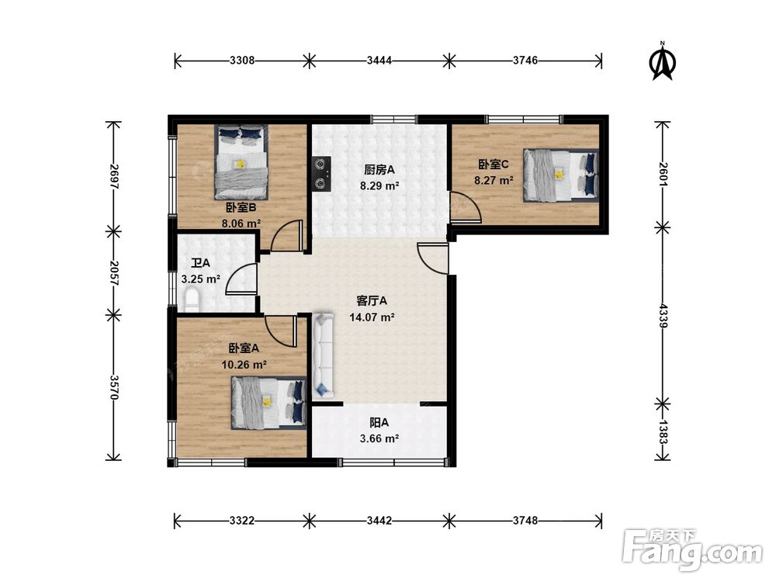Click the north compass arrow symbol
[662, 62]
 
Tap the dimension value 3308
[242, 61]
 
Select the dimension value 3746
[525, 61]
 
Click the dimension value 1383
[663, 431]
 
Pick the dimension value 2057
[114, 272]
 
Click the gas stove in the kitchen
[321, 173]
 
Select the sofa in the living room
[324, 355]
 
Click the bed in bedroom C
[561, 175]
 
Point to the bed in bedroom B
[241, 161]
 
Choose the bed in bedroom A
[268, 403]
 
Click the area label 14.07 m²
[372, 317]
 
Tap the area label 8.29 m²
[379, 186]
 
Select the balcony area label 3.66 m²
[379, 438]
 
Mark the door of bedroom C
[464, 207]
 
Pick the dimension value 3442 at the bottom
[379, 520]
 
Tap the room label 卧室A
[244, 348]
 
